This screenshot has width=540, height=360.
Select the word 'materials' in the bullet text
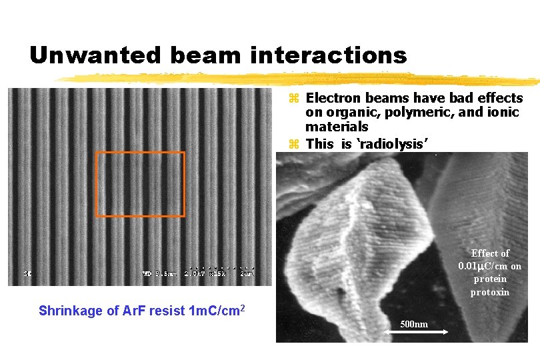coord(337,126)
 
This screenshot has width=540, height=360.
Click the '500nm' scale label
coord(415,324)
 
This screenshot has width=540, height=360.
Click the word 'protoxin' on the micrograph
coord(490,292)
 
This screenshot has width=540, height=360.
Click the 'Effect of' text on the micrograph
coord(490,253)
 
